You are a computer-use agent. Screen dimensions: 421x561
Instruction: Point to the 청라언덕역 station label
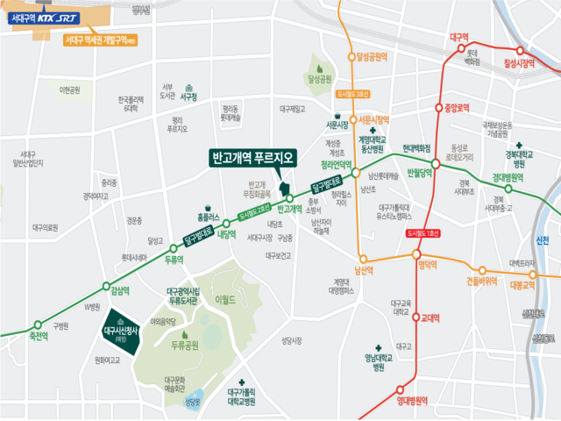pyautogui.click(x=333, y=164)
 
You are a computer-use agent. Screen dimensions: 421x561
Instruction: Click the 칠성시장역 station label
pyautogui.click(x=519, y=63)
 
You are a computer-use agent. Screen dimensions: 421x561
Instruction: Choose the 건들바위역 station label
pyautogui.click(x=481, y=282)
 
